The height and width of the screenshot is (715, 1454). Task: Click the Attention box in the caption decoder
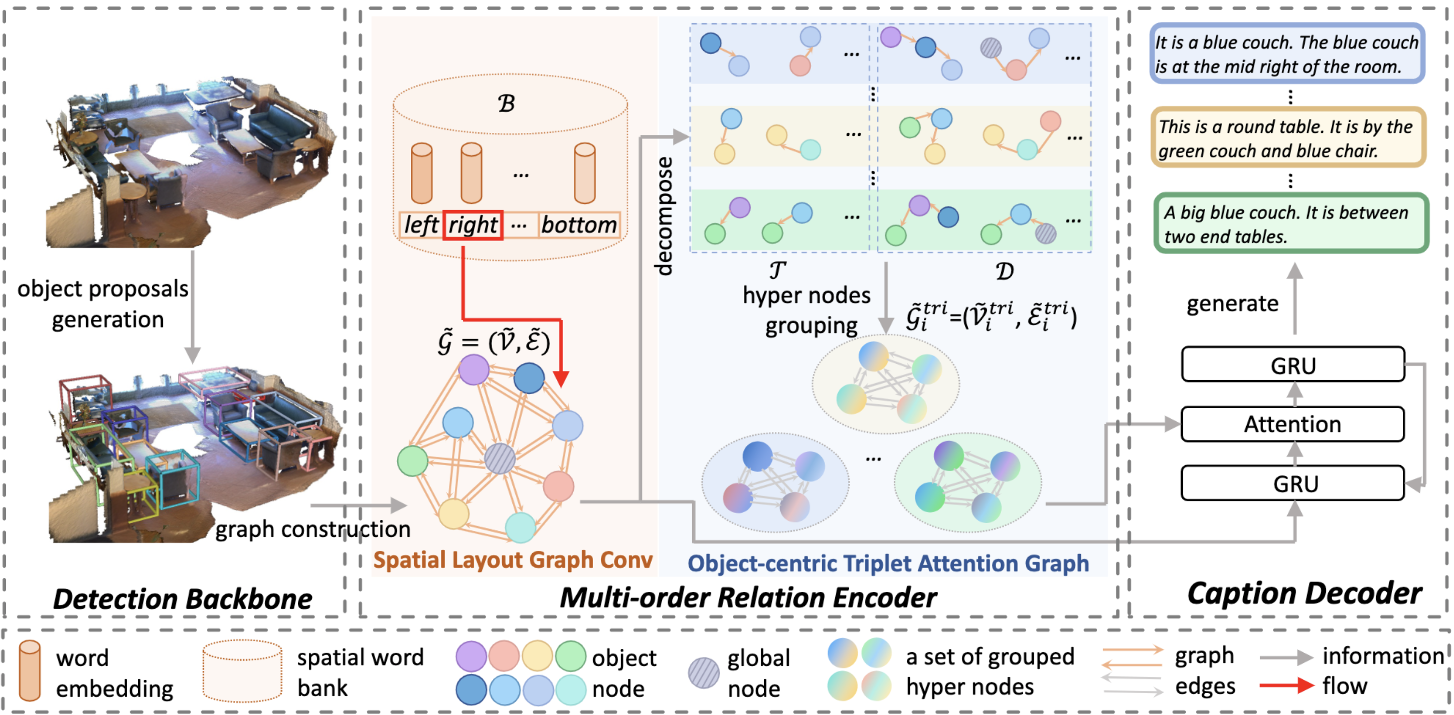[x=1292, y=424]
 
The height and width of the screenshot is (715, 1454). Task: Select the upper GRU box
[x=1292, y=365]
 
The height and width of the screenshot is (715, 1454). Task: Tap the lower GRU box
[x=1292, y=484]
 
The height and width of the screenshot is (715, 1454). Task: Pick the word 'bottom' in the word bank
[x=579, y=225]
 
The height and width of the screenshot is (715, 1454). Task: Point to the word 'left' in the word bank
[x=421, y=225]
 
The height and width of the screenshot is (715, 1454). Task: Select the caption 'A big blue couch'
[x=1290, y=224]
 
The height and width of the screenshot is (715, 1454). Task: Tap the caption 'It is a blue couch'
[x=1287, y=54]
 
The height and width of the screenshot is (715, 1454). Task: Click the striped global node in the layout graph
[x=500, y=458]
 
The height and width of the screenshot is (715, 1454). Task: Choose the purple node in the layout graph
[x=474, y=370]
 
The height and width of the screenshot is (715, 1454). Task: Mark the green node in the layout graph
[x=413, y=460]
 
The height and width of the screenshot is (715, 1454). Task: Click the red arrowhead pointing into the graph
[x=561, y=378]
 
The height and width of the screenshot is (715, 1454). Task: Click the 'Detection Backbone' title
[x=182, y=599]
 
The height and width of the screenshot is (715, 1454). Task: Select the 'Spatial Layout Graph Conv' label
[x=512, y=560]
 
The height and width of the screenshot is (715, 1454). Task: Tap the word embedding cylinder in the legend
[x=29, y=671]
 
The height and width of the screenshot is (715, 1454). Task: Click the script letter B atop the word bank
[x=506, y=103]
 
